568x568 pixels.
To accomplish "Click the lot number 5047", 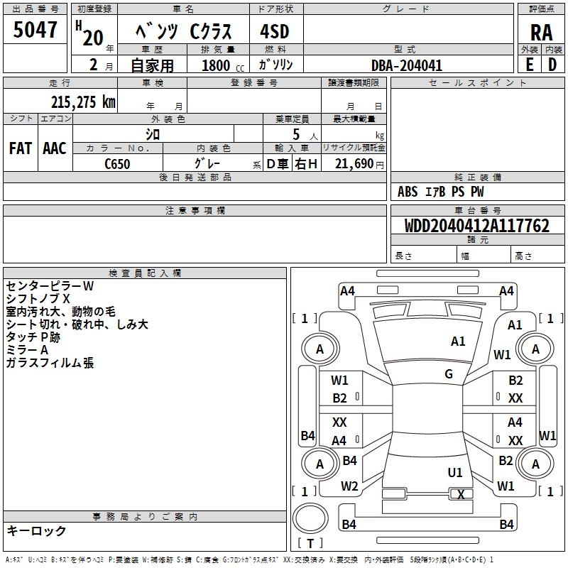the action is coord(35,31).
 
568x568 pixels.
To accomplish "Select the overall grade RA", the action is coord(541,32).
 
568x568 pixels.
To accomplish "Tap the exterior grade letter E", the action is coord(529,64).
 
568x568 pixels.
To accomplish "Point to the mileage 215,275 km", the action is coord(82,102).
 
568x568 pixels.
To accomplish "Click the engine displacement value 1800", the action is coord(216,65).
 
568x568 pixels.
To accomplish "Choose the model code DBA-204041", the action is coord(407,65).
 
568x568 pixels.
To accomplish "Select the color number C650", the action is coord(118,163).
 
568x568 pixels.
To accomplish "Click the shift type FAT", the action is coord(21,148).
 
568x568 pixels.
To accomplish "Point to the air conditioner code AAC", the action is coord(55,148).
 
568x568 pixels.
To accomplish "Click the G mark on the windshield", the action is coord(449,374).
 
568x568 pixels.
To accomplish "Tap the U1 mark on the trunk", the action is coord(455,472).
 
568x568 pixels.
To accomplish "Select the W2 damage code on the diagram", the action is coord(349,486).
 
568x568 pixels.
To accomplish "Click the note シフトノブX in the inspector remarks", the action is coord(38,299).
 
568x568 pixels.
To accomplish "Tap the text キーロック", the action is coord(36,530).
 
